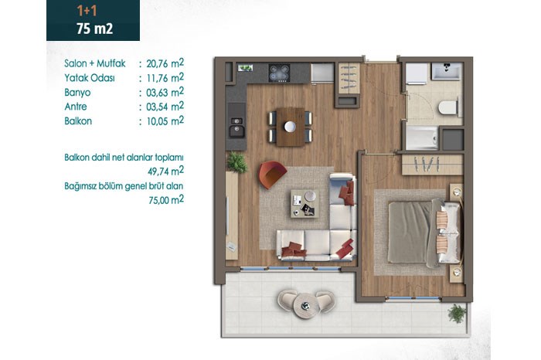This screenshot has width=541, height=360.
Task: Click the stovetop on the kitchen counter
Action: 279,73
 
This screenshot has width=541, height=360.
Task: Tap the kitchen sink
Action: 236,126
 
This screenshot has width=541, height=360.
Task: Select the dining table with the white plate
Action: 291,127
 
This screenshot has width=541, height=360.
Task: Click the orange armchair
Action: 272,174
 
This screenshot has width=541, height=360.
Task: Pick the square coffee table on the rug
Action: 305,203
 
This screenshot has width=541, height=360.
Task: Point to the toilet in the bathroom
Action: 448,107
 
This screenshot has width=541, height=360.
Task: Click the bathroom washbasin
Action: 446,71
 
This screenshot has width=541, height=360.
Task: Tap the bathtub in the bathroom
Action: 422,138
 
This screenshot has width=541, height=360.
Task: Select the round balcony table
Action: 305,305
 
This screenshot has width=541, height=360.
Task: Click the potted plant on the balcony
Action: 458,314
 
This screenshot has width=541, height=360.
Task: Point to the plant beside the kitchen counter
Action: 237,162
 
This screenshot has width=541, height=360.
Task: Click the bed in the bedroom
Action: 424,233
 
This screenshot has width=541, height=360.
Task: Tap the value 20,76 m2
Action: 165,63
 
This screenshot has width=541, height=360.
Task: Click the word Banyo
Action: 77,93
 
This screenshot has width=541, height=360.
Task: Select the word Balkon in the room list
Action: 78,121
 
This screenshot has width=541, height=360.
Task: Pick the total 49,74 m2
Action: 165,171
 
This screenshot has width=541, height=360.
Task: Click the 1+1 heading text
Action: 87,11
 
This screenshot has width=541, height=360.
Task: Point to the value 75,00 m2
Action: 166,199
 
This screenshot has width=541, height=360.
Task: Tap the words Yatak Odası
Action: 90,78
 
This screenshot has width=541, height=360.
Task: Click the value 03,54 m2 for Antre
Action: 165,107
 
